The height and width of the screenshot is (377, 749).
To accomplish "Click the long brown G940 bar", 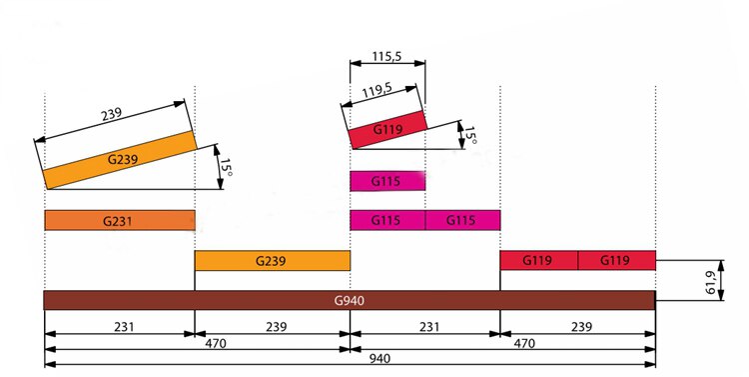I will coord(349,299).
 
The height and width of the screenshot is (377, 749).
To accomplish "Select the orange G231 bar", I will coord(119,220).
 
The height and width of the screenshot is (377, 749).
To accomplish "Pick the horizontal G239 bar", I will coord(272,260).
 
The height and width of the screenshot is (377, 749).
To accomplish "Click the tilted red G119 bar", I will coord(387,130).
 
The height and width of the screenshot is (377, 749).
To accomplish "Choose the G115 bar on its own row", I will coord(387,181).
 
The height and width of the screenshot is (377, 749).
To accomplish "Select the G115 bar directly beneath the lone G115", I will coord(387,220).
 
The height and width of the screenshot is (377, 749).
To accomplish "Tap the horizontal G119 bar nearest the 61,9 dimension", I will coord(616,260).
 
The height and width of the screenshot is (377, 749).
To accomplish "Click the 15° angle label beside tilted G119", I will coord(469,134).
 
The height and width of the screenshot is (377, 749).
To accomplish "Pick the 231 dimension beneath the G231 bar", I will coord(119,325).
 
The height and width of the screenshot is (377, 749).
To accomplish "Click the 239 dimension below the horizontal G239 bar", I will coord(272,325).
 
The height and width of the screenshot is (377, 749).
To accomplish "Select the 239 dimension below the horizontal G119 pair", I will coord(577,325).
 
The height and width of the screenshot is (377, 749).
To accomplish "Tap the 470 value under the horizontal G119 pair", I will coord(522,340).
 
